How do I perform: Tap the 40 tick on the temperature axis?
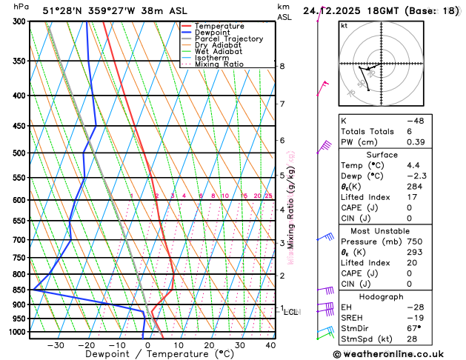[x=270, y=345]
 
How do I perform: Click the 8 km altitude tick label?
[x=282, y=67]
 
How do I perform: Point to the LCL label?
[x=291, y=312]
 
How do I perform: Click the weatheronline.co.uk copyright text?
[x=400, y=354]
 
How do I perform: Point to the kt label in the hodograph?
[x=344, y=25]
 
